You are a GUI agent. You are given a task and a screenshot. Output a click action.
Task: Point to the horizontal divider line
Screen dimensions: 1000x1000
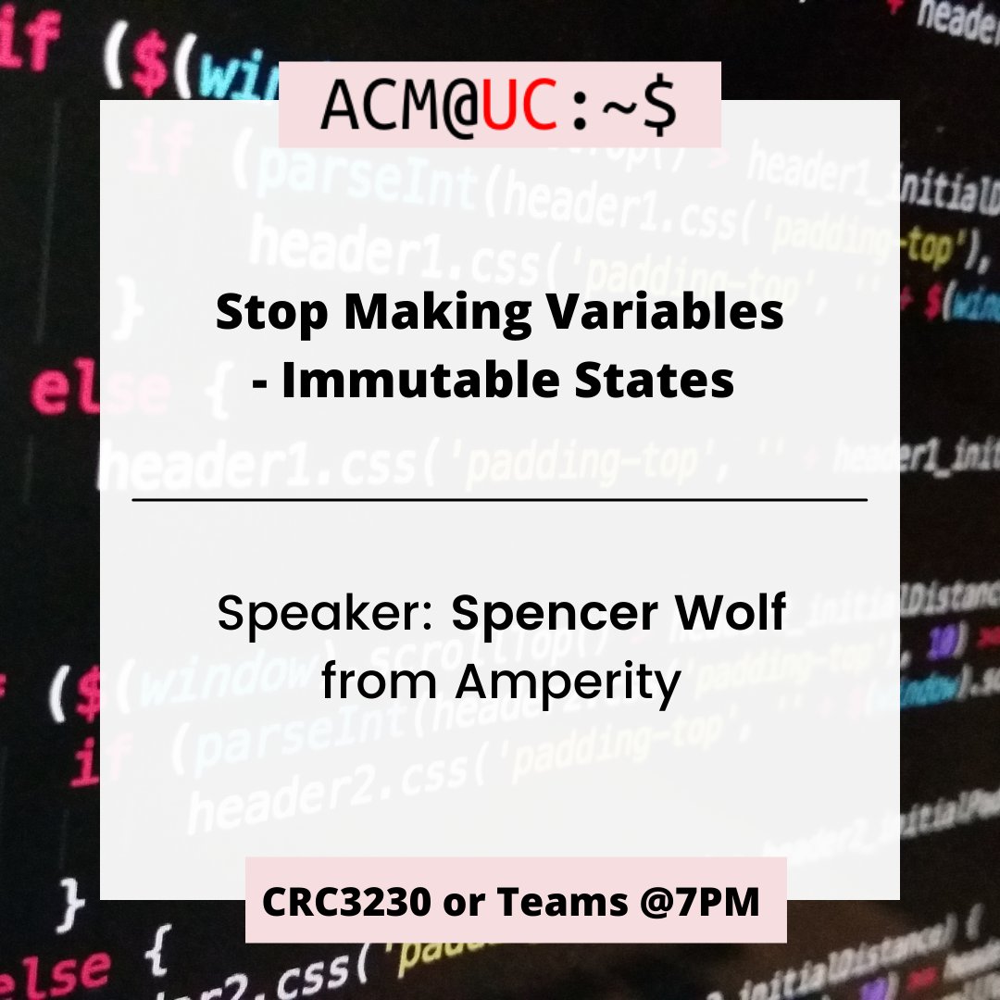500,500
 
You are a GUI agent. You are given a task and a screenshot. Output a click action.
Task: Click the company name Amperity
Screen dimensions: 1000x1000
568,683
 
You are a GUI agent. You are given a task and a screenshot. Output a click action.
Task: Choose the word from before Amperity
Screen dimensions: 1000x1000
381,682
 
